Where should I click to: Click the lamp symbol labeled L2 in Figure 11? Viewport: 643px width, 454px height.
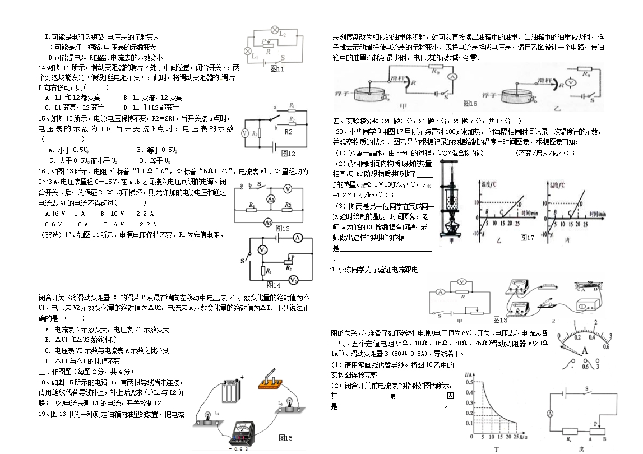click(x=275, y=29)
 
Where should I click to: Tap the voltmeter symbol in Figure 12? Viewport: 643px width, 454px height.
click(x=244, y=134)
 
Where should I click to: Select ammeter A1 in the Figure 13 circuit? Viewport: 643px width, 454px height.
click(x=270, y=199)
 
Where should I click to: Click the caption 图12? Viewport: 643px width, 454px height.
click(x=288, y=153)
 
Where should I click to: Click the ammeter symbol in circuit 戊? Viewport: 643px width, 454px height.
click(x=550, y=413)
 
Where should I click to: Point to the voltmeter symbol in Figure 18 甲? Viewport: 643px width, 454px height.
click(x=461, y=281)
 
